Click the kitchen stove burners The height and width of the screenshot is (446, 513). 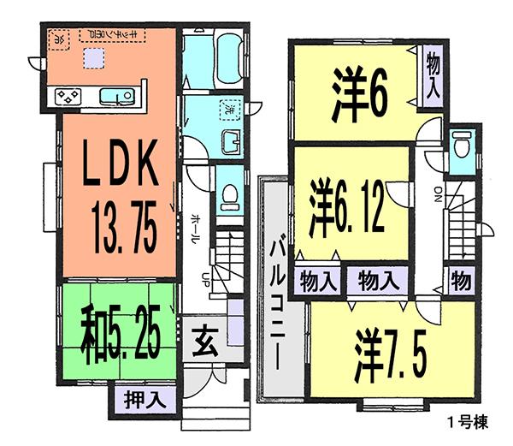[68, 97]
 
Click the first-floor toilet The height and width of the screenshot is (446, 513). [230, 198]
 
